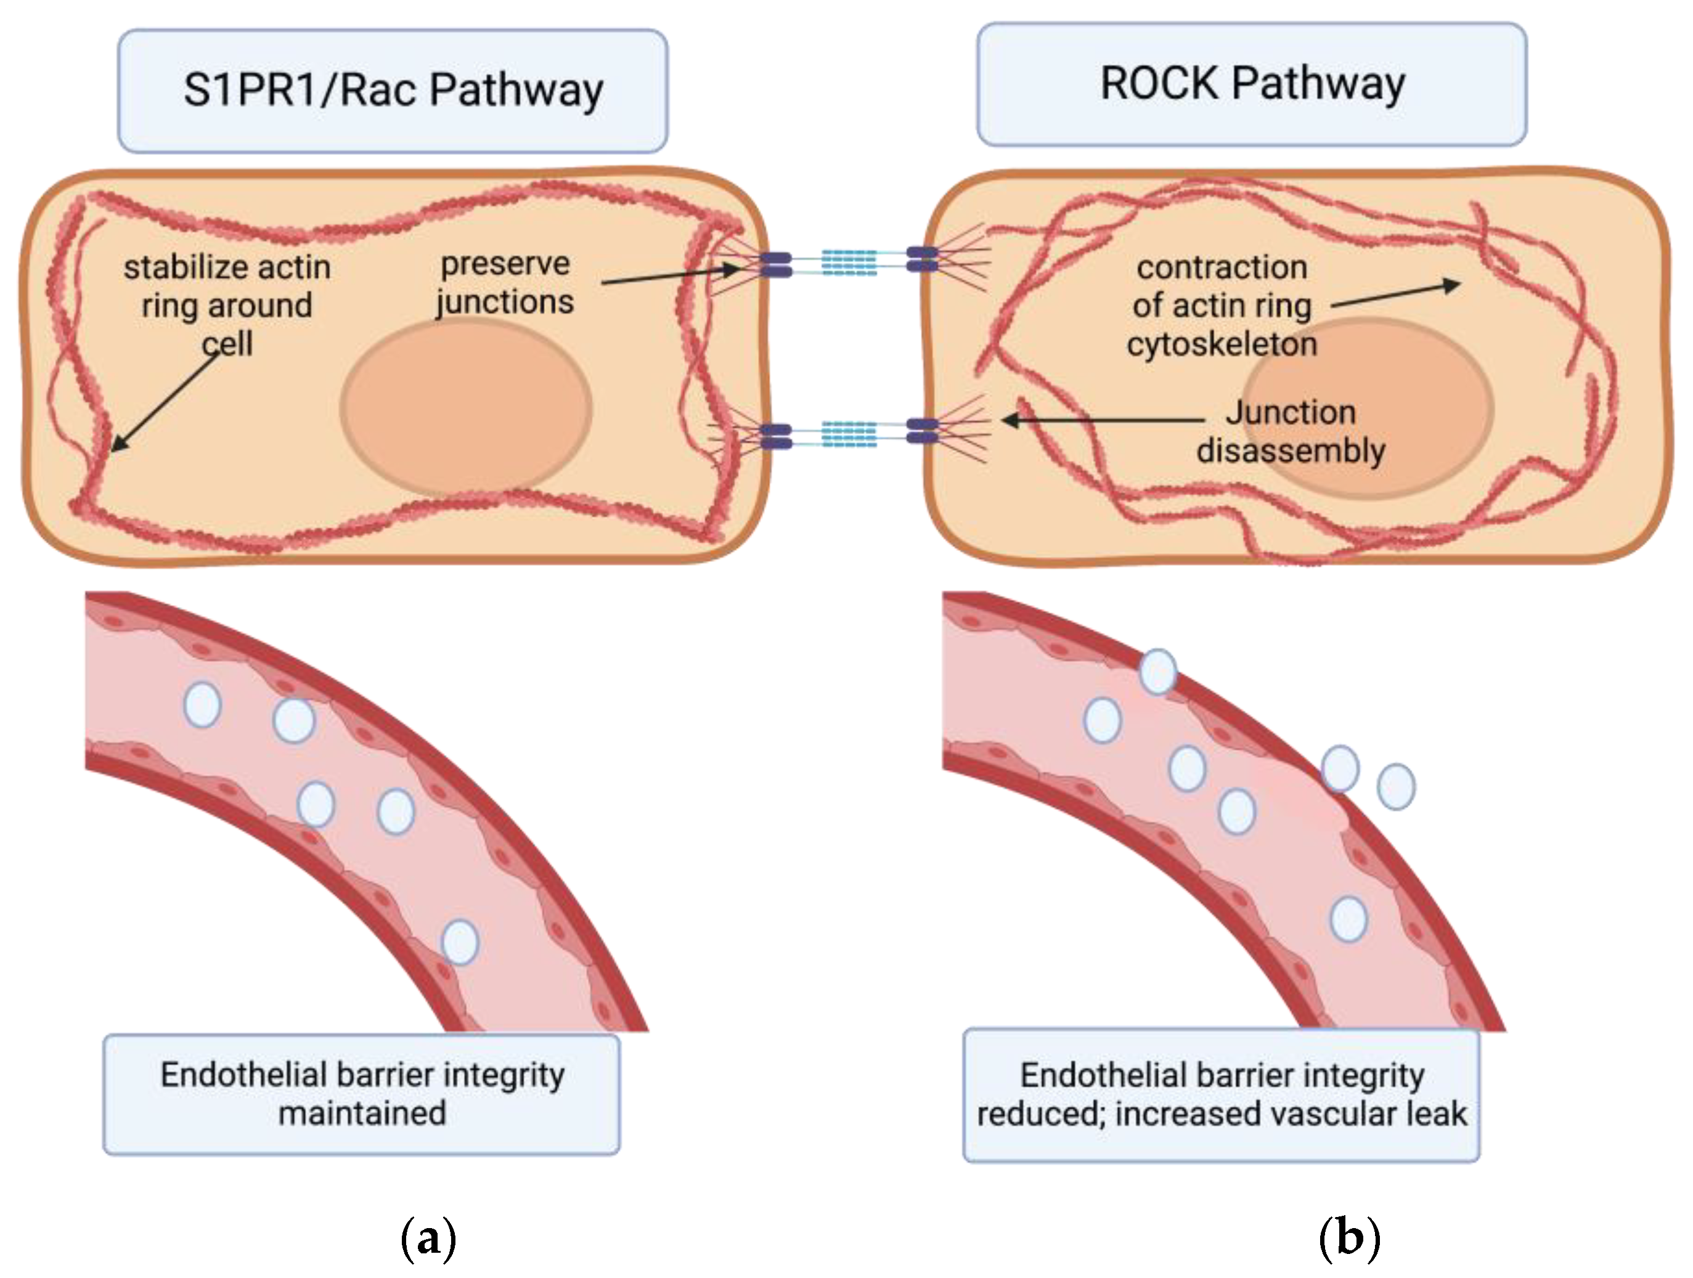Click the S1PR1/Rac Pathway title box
click(x=393, y=91)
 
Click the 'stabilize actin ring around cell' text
click(x=227, y=304)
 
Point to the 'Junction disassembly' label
click(x=1291, y=431)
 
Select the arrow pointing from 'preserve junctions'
click(x=670, y=275)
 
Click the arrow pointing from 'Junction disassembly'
click(x=1102, y=420)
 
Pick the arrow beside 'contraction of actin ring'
click(x=1395, y=295)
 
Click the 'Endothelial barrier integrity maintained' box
click(x=362, y=1094)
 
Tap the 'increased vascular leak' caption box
click(x=1222, y=1094)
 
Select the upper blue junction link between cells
click(x=849, y=262)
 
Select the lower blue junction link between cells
click(x=849, y=433)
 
